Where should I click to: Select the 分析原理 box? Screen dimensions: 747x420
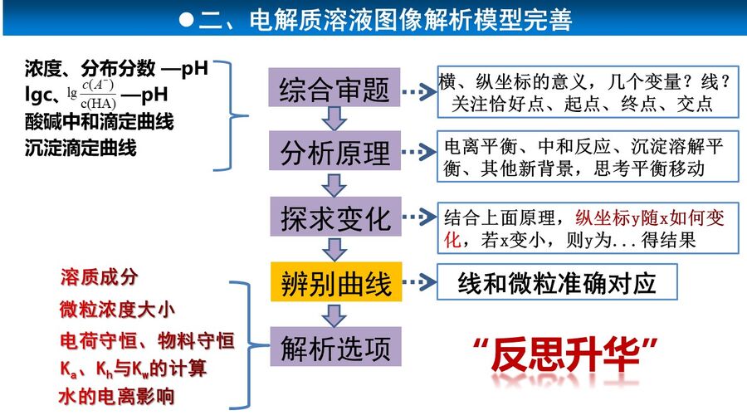tap(334, 150)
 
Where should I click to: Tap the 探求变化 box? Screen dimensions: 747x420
tap(335, 217)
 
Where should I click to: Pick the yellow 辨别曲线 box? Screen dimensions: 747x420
tap(336, 281)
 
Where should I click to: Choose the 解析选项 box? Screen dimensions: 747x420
tap(335, 346)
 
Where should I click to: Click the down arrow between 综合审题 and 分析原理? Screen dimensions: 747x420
tap(334, 118)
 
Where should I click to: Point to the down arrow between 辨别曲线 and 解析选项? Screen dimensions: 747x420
tap(334, 315)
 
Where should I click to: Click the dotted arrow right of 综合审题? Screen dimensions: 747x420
tap(419, 91)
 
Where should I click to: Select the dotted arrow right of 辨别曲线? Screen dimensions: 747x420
tap(419, 282)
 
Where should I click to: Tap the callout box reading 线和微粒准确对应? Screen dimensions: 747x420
tap(557, 282)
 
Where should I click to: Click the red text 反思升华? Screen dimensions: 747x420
tap(565, 354)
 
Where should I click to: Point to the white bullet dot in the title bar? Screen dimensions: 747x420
tap(186, 20)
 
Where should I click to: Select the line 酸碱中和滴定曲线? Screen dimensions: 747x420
tap(99, 121)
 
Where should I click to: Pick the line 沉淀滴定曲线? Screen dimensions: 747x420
tap(81, 148)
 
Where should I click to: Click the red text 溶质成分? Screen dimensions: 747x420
tap(99, 276)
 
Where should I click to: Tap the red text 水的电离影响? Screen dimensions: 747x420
tap(117, 396)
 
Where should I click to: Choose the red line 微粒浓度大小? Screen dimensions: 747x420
tap(117, 310)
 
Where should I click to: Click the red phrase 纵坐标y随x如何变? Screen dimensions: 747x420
tap(650, 217)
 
